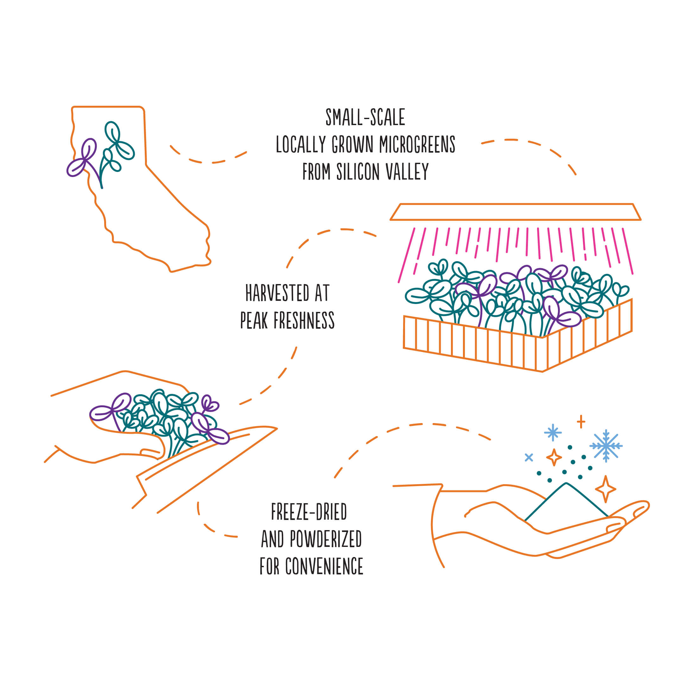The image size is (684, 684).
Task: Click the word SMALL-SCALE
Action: (365, 117)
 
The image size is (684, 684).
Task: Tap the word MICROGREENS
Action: (417, 144)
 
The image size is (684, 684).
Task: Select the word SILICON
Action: (358, 172)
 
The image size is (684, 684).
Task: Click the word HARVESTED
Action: (277, 293)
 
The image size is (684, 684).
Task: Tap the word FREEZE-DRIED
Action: (309, 512)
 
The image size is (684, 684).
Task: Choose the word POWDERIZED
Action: (326, 539)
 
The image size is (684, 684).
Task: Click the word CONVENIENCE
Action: (324, 566)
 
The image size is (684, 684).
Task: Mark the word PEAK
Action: (254, 320)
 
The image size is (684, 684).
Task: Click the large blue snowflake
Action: (606, 446)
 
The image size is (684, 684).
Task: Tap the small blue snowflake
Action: (553, 432)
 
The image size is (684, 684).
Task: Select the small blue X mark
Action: (529, 457)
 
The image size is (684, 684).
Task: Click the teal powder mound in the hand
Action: (566, 503)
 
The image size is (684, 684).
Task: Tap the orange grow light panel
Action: (516, 212)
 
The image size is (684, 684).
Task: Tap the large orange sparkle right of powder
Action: (605, 489)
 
